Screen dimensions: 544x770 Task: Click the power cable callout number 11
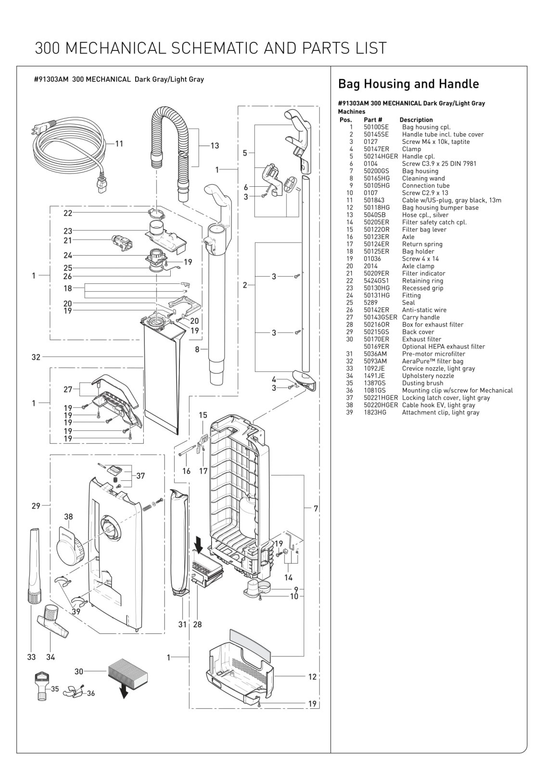[x=119, y=143]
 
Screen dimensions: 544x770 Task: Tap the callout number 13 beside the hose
[x=215, y=146]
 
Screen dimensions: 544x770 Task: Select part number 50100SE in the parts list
[x=376, y=127]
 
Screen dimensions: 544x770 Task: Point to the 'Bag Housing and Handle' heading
[x=408, y=84]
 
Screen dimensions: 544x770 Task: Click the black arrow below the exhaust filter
[x=124, y=691]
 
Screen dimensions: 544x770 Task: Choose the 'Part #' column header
[x=373, y=120]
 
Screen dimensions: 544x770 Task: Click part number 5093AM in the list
[x=375, y=361]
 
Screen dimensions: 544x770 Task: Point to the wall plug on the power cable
[x=43, y=128]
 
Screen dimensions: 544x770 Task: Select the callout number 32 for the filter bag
[x=36, y=357]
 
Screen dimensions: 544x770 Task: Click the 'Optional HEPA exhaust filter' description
[x=443, y=346]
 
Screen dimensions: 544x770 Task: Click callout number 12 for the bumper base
[x=312, y=677]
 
